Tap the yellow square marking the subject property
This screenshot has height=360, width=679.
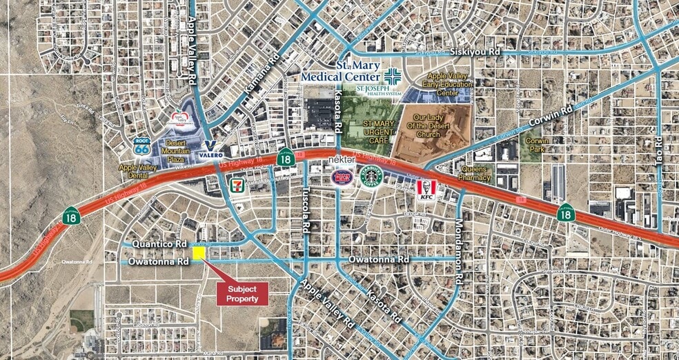pyautogui.click(x=199, y=253)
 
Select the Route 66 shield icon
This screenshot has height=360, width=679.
pyautogui.click(x=142, y=146)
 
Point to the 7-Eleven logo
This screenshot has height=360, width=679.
pyautogui.click(x=236, y=184)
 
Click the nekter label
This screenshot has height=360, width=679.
pyautogui.click(x=340, y=159)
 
